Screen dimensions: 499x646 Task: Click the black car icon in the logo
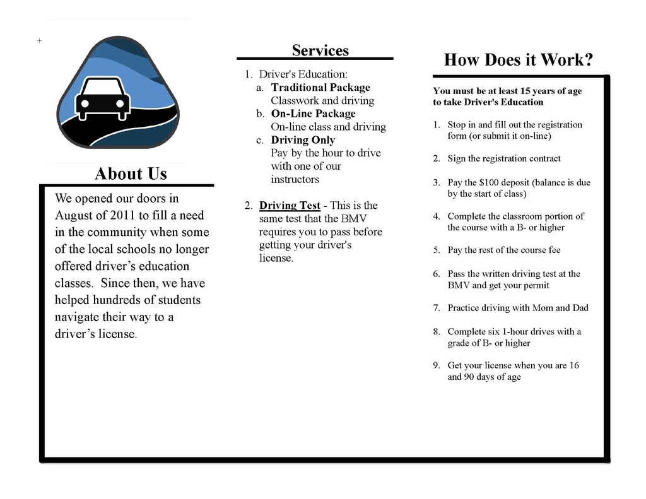tap(102, 98)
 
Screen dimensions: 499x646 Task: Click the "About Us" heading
tap(131, 173)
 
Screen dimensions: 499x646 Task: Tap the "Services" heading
tap(320, 50)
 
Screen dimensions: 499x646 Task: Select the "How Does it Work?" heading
tap(519, 60)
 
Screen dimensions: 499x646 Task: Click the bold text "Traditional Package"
tap(320, 88)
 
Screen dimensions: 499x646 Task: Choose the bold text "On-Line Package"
tap(313, 114)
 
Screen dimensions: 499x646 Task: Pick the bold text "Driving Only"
tap(303, 140)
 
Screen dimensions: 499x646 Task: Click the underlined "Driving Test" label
tap(290, 206)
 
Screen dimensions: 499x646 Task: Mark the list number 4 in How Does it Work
tap(436, 216)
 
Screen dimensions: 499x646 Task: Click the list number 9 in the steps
tap(436, 366)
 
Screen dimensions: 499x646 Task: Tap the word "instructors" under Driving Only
tap(295, 180)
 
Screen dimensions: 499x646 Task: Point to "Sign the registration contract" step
tap(503, 159)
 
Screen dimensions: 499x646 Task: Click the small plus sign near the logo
tap(39, 40)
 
